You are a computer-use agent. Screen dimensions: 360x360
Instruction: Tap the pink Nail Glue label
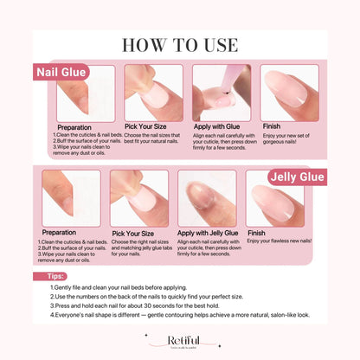61,72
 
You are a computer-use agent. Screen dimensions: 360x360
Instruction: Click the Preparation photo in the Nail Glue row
86,93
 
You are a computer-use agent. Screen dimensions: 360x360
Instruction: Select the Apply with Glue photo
221,93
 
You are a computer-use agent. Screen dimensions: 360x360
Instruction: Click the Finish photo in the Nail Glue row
286,93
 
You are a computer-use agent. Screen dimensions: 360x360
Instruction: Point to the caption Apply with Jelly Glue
210,233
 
